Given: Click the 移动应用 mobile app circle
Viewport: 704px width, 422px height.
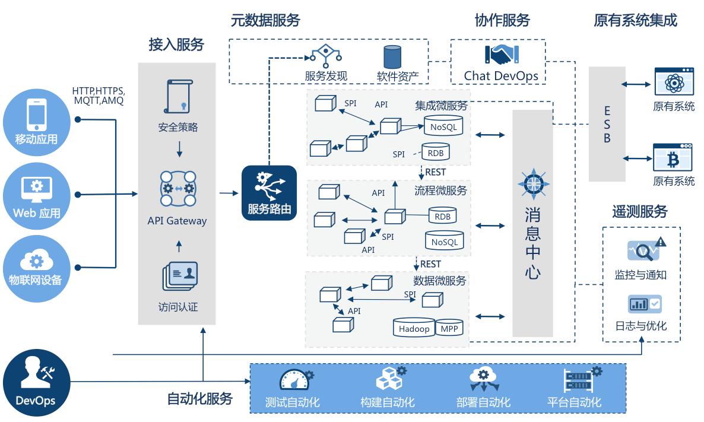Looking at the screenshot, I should point(36,122).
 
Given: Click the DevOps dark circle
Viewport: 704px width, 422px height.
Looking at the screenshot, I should point(36,383).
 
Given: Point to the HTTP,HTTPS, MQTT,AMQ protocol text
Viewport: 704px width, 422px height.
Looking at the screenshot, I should point(99,96).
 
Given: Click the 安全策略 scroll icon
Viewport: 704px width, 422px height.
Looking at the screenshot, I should point(179,97).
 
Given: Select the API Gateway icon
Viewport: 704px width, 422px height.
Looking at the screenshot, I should point(178,188).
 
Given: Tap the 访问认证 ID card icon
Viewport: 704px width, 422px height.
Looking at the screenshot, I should point(179,276).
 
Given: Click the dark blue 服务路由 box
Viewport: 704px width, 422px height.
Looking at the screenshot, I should point(269,193).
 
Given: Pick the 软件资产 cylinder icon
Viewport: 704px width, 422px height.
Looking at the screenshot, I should point(392,57).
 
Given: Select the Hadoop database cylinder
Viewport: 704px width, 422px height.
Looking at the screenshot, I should point(414,328).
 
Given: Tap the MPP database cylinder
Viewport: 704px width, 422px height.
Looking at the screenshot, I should point(449,328).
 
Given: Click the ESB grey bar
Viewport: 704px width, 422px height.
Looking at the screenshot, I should point(607,124).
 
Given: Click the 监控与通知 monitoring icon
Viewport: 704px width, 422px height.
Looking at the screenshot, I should point(644,251).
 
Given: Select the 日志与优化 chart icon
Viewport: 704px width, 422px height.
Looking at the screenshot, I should point(644,304).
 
